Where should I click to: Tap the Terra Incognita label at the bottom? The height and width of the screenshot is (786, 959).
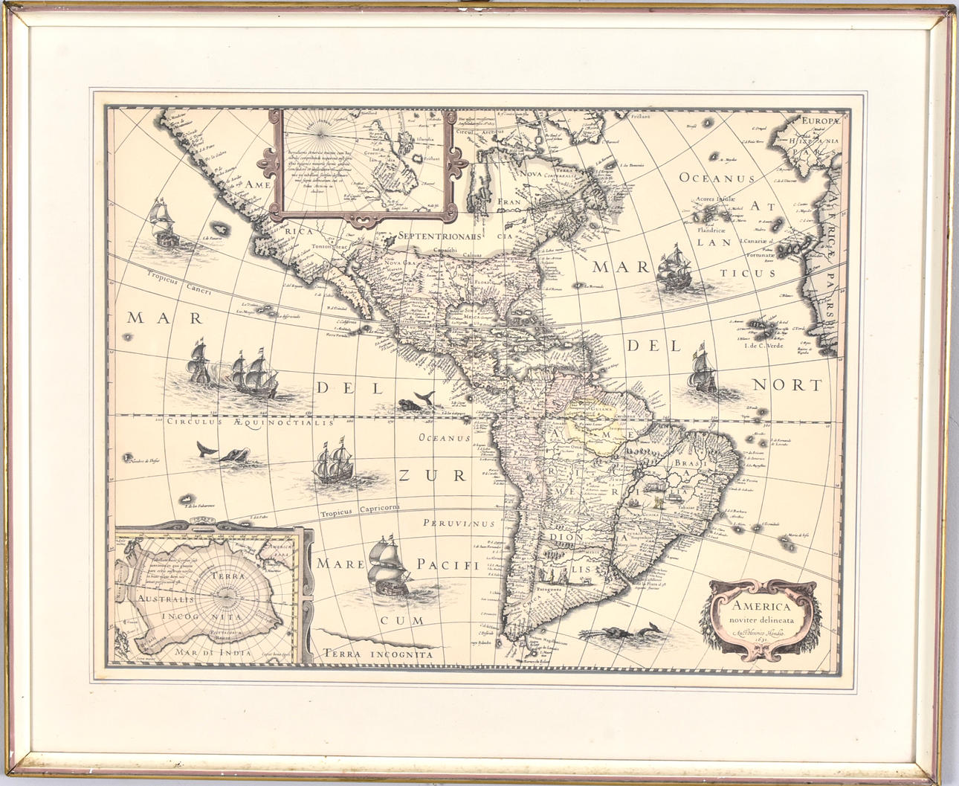coord(378,654)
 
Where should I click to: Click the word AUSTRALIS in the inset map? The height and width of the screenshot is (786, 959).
coord(163,597)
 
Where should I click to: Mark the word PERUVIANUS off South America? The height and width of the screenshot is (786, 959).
coord(458,523)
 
